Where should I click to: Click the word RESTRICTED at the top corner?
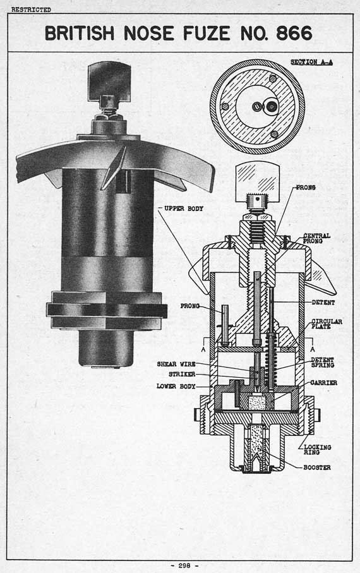coord(31,10)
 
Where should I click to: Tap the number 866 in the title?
coord(294,33)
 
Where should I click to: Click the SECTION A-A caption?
coord(311,62)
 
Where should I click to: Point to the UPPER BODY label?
coord(183,208)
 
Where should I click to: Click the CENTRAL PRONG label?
coord(316,238)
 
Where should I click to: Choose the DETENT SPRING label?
coord(322,363)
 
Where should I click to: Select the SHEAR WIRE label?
coord(176,364)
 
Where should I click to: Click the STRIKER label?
coord(182,374)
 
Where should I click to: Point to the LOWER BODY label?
coord(176,386)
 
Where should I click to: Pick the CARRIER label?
coord(323,383)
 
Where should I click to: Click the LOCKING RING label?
coord(317,449)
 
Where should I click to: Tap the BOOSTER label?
coord(317,467)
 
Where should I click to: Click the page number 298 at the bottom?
coord(184,565)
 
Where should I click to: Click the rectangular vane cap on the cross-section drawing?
coord(258,178)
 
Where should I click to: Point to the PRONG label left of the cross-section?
coord(189,306)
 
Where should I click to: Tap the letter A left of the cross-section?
coord(203,349)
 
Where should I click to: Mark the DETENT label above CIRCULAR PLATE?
coord(323,303)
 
